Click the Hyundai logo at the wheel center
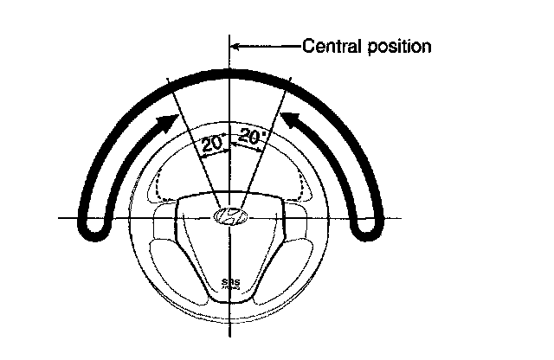pyautogui.click(x=230, y=216)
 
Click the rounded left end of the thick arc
pyautogui.click(x=93, y=226)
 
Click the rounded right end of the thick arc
pyautogui.click(x=370, y=226)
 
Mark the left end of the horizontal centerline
pyautogui.click(x=61, y=217)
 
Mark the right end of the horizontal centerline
pyautogui.click(x=400, y=217)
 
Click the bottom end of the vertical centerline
pyautogui.click(x=230, y=335)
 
